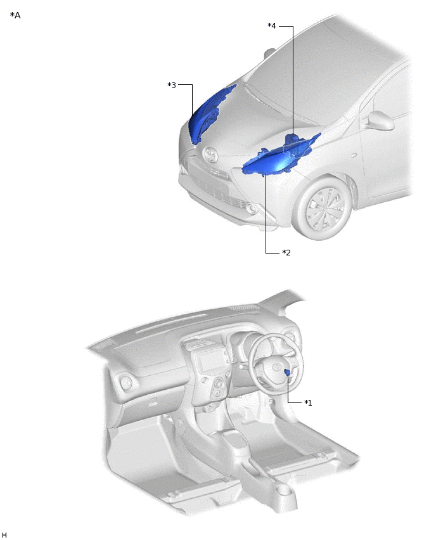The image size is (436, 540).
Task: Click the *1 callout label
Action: click(x=308, y=402)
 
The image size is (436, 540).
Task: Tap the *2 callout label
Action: click(x=286, y=253)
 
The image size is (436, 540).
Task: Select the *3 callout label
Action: click(x=172, y=85)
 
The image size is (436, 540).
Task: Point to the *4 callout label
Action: click(x=272, y=26)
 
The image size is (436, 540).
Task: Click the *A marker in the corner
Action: click(x=15, y=15)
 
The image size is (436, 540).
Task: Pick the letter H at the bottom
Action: click(x=4, y=536)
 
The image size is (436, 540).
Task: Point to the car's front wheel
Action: click(x=326, y=209)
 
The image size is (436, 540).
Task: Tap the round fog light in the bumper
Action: click(x=252, y=209)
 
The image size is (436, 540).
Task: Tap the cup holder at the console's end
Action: click(x=283, y=494)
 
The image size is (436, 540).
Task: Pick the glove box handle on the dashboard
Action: click(x=154, y=402)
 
